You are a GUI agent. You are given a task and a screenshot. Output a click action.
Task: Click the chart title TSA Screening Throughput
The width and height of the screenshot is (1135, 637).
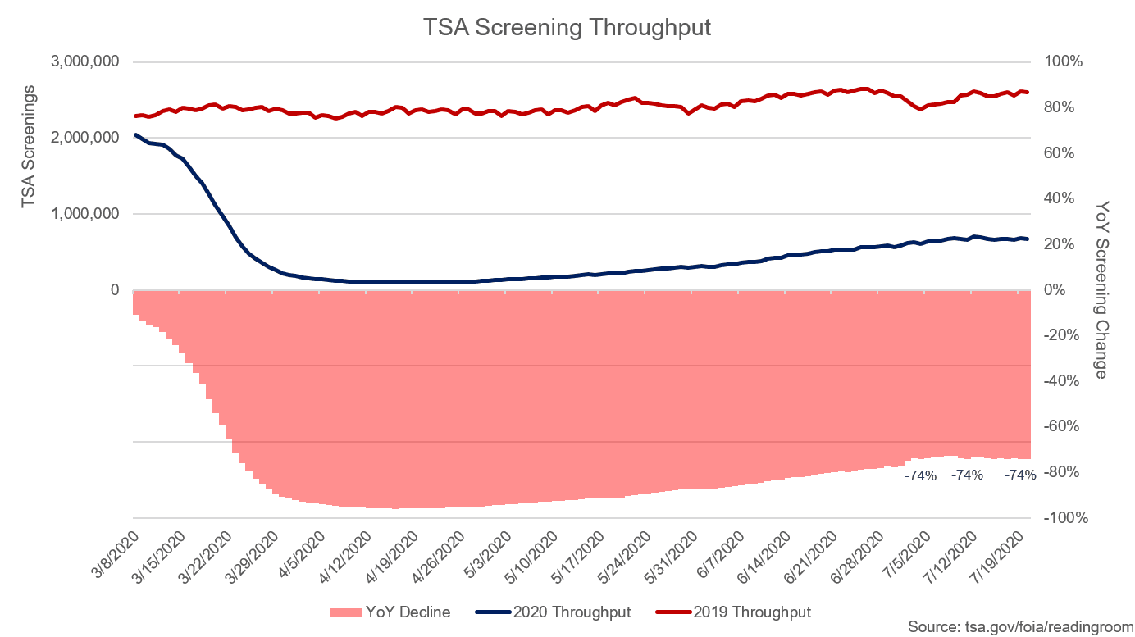click(x=567, y=27)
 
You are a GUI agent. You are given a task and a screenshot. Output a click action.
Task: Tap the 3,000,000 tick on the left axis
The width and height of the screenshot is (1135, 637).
click(x=85, y=61)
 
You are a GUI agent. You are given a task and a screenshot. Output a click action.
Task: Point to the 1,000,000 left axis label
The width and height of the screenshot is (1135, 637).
click(x=85, y=214)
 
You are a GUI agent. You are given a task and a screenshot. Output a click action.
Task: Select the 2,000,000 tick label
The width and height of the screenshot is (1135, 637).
click(x=85, y=138)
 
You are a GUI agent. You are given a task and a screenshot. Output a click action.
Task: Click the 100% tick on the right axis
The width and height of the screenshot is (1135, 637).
click(x=1063, y=61)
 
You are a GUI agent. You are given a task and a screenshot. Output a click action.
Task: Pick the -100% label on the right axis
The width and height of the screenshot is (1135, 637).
click(x=1065, y=517)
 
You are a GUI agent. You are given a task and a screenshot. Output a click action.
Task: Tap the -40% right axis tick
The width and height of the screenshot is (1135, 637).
click(x=1061, y=380)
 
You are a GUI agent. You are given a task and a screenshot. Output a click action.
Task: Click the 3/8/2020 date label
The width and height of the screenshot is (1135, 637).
click(x=116, y=554)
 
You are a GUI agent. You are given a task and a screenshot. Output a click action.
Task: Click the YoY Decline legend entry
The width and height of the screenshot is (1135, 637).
click(x=390, y=612)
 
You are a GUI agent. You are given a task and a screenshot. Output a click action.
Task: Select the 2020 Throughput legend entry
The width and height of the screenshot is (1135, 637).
click(x=553, y=612)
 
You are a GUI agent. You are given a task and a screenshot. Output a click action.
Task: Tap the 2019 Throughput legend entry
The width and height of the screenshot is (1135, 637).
click(x=734, y=612)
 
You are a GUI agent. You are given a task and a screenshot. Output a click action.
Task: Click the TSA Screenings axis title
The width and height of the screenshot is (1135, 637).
click(x=29, y=146)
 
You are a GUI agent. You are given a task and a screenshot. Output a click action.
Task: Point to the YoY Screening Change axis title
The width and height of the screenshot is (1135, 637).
click(x=1101, y=290)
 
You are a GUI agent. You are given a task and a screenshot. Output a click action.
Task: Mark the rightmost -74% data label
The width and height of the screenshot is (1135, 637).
click(x=1020, y=475)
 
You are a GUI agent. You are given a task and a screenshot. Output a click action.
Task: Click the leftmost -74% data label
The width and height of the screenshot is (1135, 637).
click(x=921, y=476)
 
